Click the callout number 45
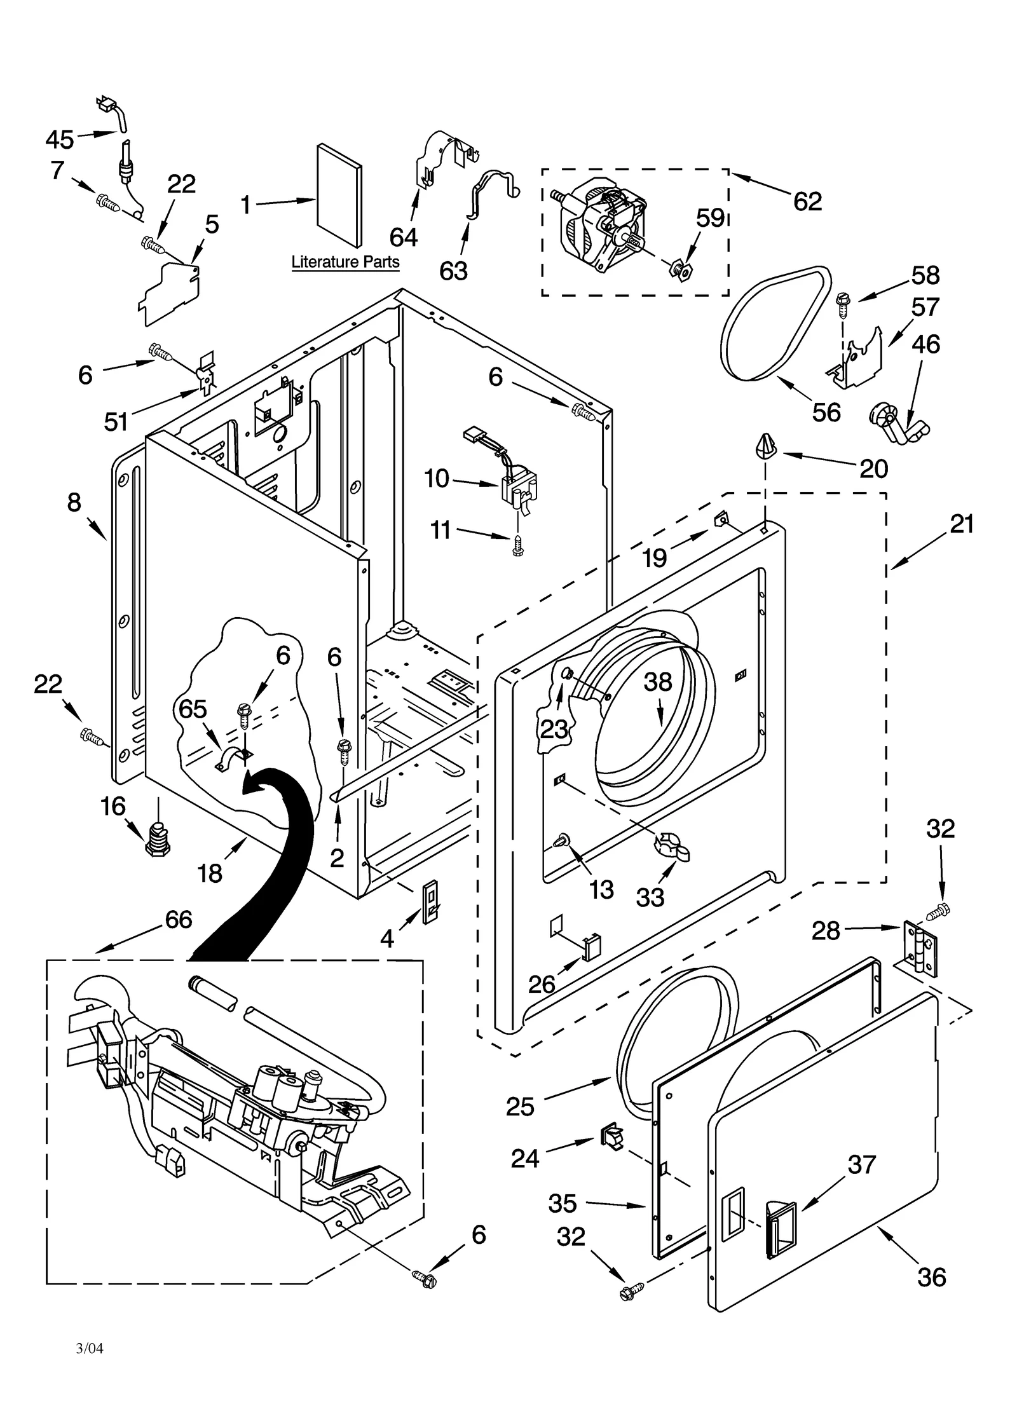pyautogui.click(x=60, y=139)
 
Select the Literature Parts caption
pyautogui.click(x=345, y=262)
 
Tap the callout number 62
pyautogui.click(x=807, y=201)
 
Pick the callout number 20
pyautogui.click(x=873, y=469)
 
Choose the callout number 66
pyautogui.click(x=179, y=919)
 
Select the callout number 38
pyautogui.click(x=657, y=683)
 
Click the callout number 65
pyautogui.click(x=193, y=708)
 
